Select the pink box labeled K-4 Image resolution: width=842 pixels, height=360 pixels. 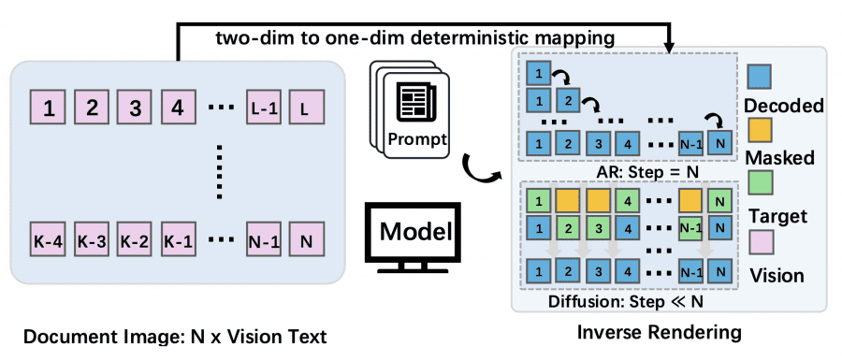(x=48, y=239)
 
